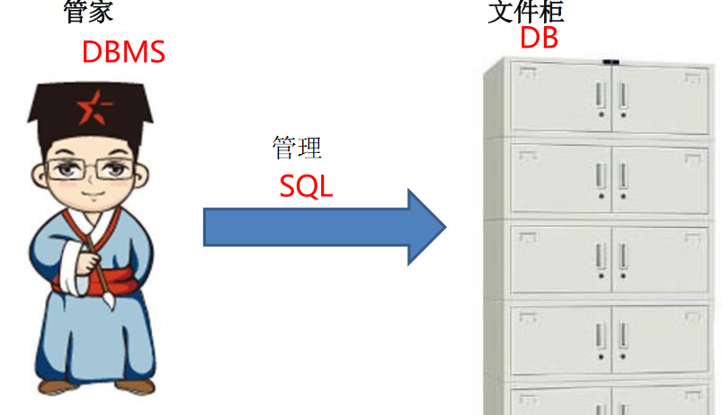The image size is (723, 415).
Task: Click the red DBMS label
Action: (x=123, y=51)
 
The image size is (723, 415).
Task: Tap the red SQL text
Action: (x=306, y=185)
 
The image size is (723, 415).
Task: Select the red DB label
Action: (x=539, y=38)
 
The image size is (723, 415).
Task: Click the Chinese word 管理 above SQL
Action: (x=297, y=147)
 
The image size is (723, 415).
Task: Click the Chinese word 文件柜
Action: (x=526, y=11)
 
